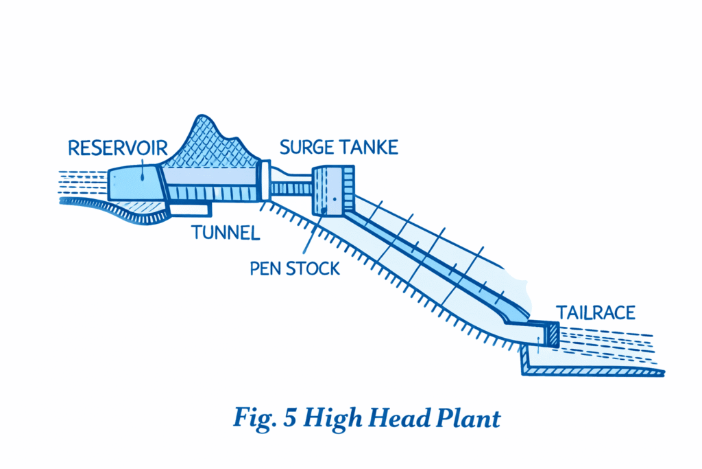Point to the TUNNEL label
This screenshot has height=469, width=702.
[226, 232]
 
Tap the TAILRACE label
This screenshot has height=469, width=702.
[595, 312]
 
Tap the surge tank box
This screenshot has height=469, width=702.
[332, 190]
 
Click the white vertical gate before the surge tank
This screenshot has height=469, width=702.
[265, 180]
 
